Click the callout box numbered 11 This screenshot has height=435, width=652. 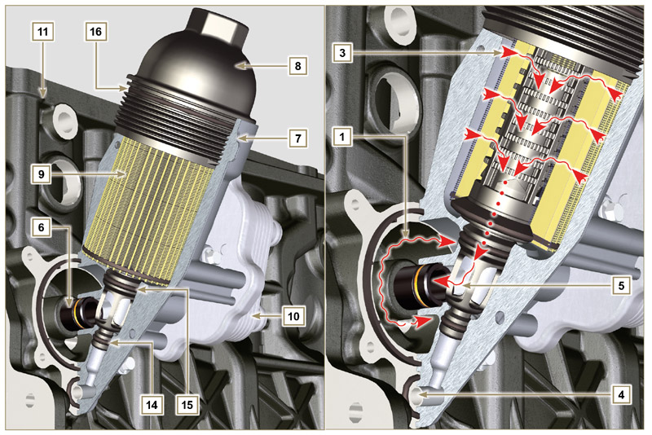tap(42, 33)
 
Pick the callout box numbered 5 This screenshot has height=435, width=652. tap(620, 286)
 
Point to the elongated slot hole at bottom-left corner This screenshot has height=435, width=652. tap(30, 401)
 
